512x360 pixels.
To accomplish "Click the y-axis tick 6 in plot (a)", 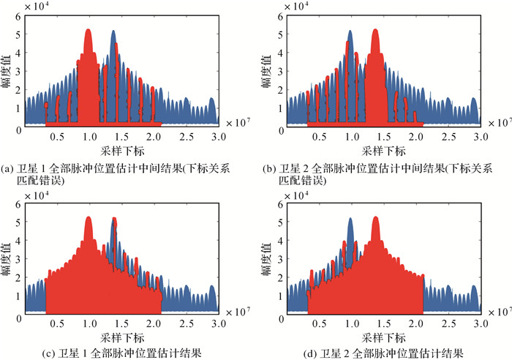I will click(x=18, y=15).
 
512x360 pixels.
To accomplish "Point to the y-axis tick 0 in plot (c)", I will click(x=18, y=314).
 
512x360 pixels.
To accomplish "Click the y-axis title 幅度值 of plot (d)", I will click(x=268, y=258).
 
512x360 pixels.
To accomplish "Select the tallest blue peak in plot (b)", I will click(x=351, y=32).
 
